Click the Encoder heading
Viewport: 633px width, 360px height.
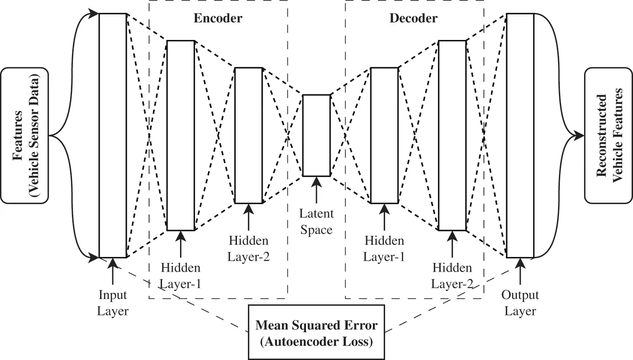[x=218, y=19]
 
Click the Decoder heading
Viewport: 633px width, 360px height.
[x=413, y=19]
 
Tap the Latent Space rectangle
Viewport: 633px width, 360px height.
[x=316, y=135]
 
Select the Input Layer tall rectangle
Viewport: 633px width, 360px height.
[x=113, y=135]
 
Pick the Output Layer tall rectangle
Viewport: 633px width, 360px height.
[x=520, y=135]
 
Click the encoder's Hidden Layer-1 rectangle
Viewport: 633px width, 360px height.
[x=181, y=135]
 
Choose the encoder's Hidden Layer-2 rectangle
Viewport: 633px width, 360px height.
[x=248, y=135]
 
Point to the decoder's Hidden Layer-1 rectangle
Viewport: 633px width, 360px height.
[x=384, y=135]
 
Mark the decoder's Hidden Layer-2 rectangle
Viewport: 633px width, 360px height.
[x=452, y=135]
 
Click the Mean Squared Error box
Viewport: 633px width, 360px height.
[x=316, y=332]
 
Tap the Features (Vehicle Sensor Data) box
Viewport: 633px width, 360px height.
[x=24, y=135]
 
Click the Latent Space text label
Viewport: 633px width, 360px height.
[x=316, y=222]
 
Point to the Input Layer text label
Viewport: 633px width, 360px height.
[x=113, y=303]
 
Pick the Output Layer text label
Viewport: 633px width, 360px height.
[x=520, y=303]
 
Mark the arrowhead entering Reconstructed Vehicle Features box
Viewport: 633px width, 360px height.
[x=579, y=135]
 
